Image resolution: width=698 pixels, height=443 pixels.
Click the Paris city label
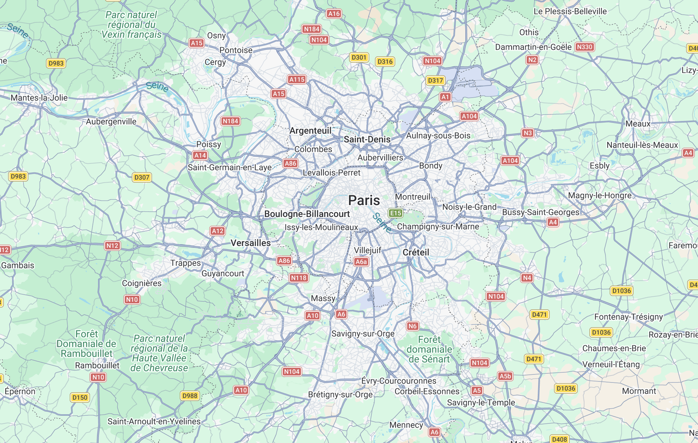(364, 201)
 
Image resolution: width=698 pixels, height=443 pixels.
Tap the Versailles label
(251, 243)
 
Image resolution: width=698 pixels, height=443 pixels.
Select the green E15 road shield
(396, 213)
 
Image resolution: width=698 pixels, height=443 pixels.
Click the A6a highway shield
(361, 262)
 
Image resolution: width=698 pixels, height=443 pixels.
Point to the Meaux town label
(638, 124)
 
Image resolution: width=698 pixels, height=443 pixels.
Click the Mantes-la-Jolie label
(39, 98)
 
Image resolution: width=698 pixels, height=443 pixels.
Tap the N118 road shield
(299, 278)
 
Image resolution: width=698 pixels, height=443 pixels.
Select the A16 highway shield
(334, 14)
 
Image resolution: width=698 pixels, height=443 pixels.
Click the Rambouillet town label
(97, 365)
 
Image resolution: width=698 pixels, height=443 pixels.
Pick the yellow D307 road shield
(142, 177)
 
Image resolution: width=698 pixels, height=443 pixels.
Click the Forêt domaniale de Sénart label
(429, 349)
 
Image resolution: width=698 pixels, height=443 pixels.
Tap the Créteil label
(416, 252)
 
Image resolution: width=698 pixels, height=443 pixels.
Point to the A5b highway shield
(505, 376)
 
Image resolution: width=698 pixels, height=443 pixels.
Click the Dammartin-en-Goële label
(533, 47)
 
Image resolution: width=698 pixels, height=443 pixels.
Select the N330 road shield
(584, 47)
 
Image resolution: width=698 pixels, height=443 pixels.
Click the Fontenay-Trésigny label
(628, 317)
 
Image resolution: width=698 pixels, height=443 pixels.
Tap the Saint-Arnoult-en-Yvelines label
(154, 421)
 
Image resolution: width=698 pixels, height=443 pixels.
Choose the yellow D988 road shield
(190, 395)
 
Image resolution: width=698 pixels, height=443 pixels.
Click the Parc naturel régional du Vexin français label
(131, 24)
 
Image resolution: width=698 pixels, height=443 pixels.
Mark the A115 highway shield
(297, 79)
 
